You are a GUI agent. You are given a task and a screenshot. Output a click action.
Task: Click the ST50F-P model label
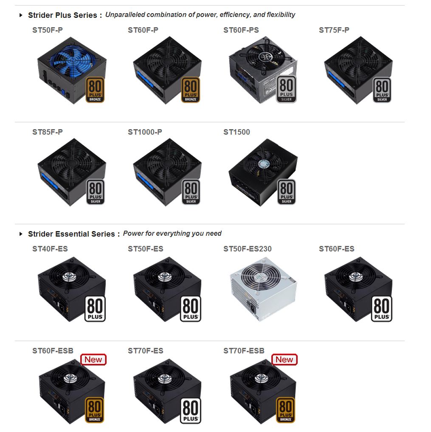click(48, 30)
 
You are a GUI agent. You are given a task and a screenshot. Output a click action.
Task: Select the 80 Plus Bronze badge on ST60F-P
click(191, 90)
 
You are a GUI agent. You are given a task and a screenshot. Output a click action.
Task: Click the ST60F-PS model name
click(241, 30)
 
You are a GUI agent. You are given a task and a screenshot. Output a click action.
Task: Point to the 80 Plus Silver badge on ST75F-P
click(382, 90)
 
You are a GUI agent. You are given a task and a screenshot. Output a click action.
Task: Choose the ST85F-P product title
click(48, 132)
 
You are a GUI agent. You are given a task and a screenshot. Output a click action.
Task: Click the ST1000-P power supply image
click(167, 172)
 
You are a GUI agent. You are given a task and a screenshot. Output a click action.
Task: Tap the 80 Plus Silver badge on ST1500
click(287, 192)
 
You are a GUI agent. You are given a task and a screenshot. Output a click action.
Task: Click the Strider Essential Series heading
click(71, 234)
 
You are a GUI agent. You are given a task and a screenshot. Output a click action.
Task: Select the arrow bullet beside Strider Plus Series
click(21, 15)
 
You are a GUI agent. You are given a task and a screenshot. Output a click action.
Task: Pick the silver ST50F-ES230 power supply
click(263, 289)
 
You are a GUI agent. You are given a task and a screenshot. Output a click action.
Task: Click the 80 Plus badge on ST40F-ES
click(95, 309)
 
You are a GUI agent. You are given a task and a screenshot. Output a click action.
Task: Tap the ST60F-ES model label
click(337, 249)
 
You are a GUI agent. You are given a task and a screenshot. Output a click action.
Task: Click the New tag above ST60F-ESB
click(93, 359)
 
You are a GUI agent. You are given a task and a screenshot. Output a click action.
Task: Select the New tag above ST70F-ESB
click(285, 359)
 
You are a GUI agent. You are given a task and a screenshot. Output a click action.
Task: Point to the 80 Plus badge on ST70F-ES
click(191, 411)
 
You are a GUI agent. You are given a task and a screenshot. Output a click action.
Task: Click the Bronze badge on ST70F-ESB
click(286, 410)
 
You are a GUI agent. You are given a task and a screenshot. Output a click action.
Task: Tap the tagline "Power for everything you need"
click(172, 233)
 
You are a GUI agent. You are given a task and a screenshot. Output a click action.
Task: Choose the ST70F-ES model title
click(145, 351)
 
